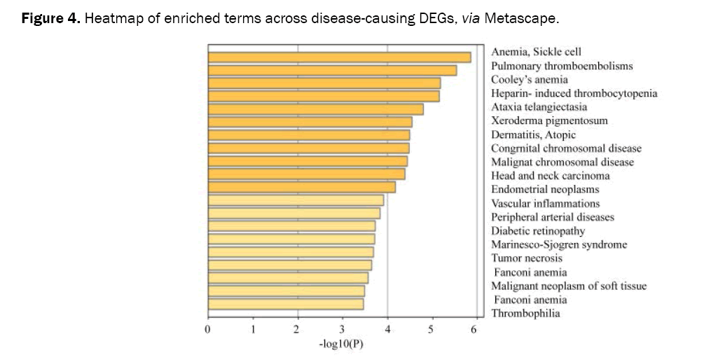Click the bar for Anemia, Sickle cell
tap(339, 57)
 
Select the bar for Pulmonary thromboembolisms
tap(332, 70)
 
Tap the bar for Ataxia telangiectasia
tap(315, 109)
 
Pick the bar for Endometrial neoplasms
tap(301, 187)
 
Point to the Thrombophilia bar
tap(285, 304)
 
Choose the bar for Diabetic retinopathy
tap(291, 226)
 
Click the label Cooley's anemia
tap(529, 80)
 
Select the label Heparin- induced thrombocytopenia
tap(574, 94)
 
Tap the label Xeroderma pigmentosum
tap(549, 121)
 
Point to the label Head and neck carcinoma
tap(550, 176)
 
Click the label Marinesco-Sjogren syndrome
tap(559, 244)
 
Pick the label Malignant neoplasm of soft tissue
tap(569, 286)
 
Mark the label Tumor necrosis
tap(527, 258)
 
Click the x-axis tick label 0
tap(208, 329)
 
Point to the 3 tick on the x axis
tap(342, 329)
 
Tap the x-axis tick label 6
tap(476, 329)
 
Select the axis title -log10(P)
tap(341, 345)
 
